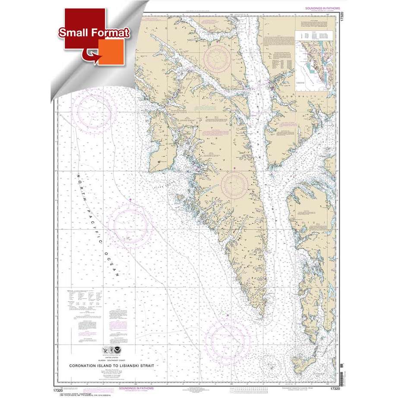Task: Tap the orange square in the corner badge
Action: (111, 51)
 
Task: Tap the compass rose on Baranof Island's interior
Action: (236, 185)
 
